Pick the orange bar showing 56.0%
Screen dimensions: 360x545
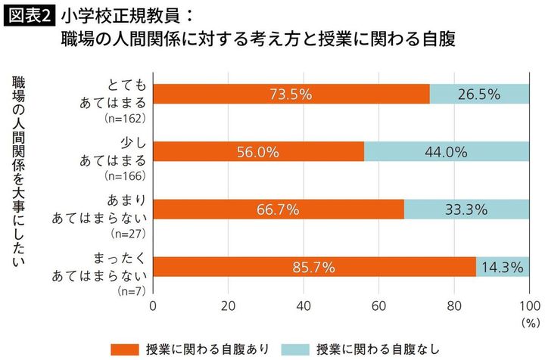tap(258, 151)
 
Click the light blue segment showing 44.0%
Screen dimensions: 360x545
tap(447, 151)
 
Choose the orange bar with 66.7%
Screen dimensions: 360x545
tap(279, 209)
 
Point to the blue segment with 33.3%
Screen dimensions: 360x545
tap(467, 209)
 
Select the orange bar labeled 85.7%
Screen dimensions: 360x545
tap(314, 267)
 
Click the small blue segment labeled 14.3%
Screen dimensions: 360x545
tap(503, 267)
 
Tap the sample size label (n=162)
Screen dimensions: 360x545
tap(126, 119)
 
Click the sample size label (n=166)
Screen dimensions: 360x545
tap(126, 176)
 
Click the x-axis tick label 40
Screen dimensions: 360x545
tap(304, 306)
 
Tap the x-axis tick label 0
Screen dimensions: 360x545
tap(154, 306)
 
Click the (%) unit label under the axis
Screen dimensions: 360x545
tap(527, 321)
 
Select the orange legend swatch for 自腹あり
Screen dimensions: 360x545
tap(126, 348)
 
